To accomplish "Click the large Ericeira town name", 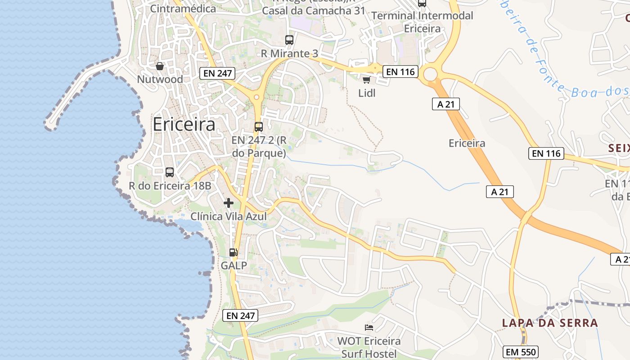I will coord(184,124).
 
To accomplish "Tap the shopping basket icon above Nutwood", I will coord(160,67).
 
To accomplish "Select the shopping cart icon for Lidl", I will coord(366,80).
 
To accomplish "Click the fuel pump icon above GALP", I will coord(233,252).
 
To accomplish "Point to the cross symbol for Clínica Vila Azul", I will coord(229,203).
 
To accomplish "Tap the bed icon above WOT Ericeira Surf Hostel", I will coord(369,327).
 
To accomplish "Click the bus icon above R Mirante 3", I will coord(289,40).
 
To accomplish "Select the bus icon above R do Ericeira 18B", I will coord(170,172).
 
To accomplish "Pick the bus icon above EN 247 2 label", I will coord(259,127).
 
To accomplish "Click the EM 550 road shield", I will coord(521,352).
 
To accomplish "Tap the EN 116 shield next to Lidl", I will coord(400,72).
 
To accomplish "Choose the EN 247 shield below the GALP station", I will coord(241,315).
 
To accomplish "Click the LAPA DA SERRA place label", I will coord(550,323).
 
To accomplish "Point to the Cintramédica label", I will coord(183,9).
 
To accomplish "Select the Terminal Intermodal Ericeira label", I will coord(422,22).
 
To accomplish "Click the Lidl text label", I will coord(367,93).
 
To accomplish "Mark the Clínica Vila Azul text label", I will coord(229,216).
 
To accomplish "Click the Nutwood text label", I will coord(160,80).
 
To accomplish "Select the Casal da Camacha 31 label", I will coord(313,11).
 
